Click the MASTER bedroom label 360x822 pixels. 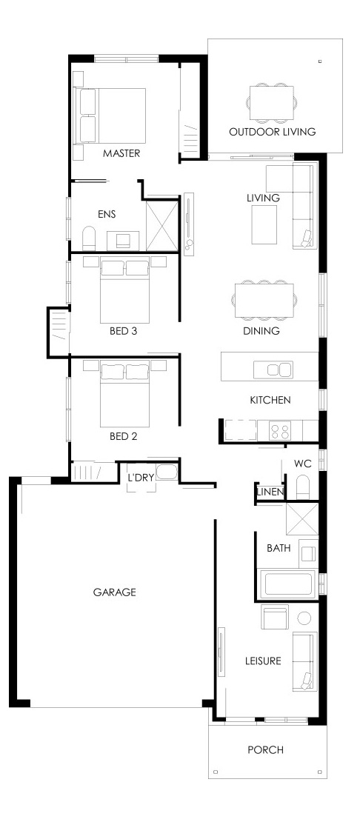click(121, 153)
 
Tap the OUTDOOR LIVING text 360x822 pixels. click(273, 132)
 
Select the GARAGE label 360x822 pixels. click(115, 592)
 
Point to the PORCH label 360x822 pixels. click(266, 750)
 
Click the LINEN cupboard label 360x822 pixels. click(270, 492)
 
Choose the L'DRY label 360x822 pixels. click(141, 478)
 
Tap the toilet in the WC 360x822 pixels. click(304, 487)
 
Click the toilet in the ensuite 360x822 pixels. click(89, 238)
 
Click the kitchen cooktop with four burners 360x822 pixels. click(280, 431)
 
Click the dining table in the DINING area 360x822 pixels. click(264, 301)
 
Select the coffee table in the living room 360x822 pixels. click(264, 224)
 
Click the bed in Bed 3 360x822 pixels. click(125, 291)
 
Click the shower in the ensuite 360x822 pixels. click(162, 225)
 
